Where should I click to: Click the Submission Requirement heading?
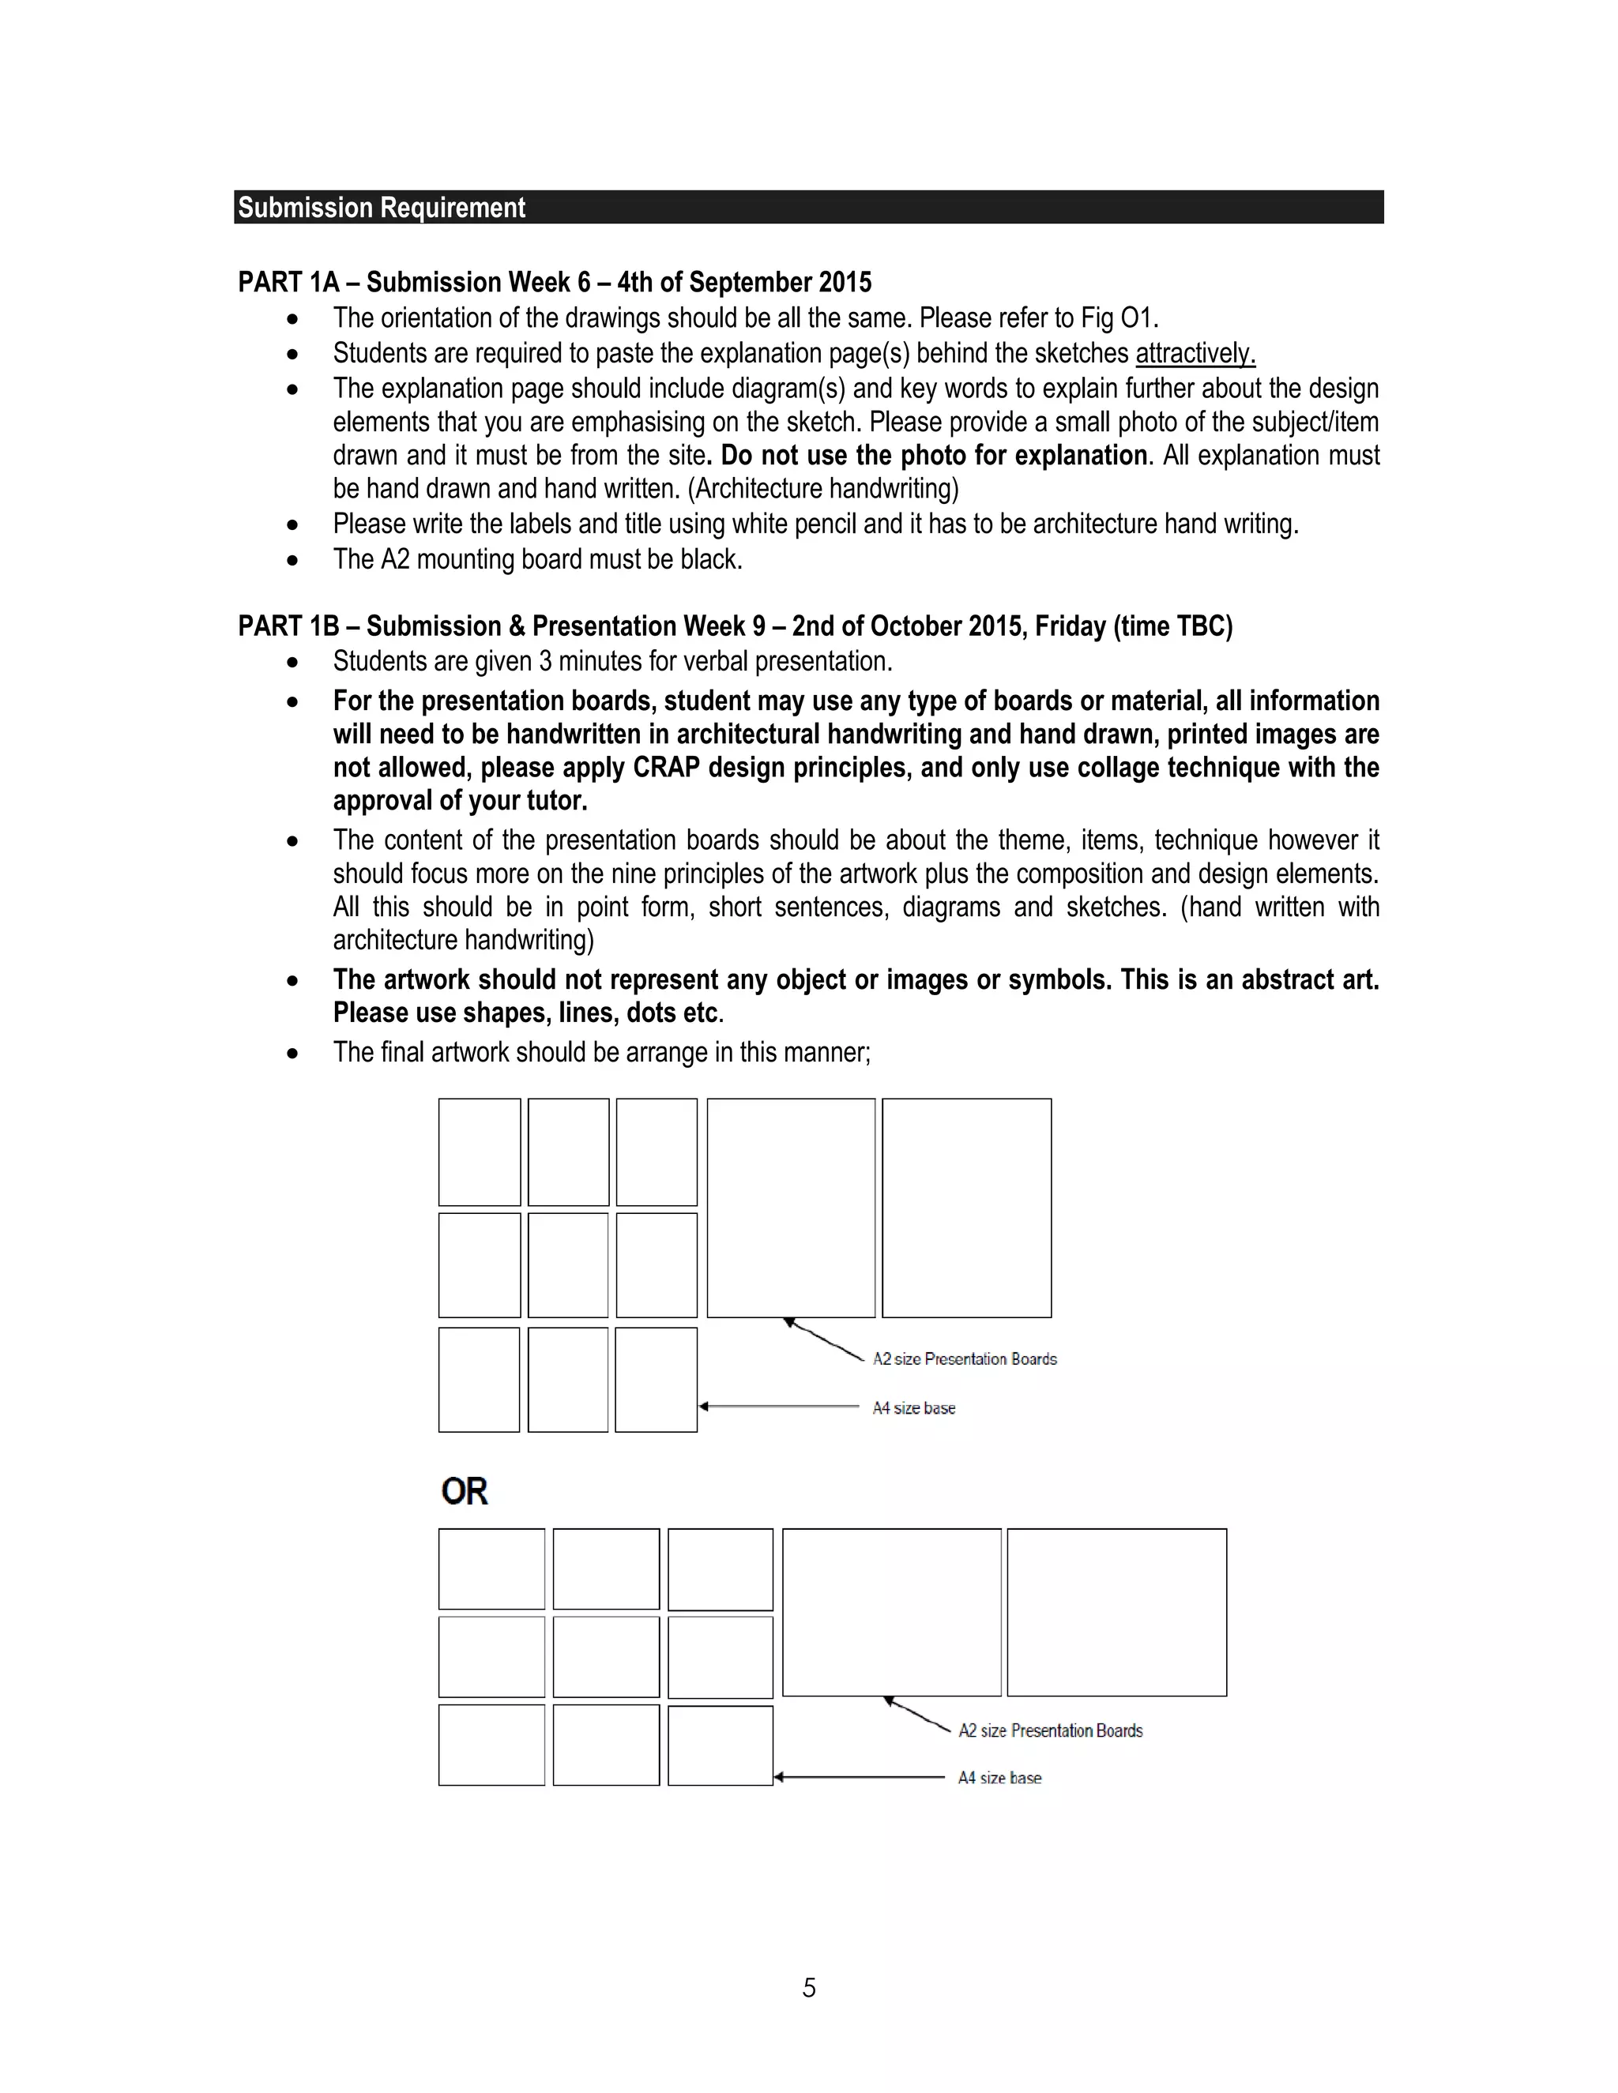382,208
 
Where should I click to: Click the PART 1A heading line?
554,283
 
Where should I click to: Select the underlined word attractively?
1195,354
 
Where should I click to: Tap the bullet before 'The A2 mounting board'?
292,560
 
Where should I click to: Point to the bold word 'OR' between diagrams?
464,1491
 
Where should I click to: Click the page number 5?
809,1989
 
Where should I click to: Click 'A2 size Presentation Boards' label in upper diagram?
965,1359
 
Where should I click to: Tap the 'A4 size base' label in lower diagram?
999,1778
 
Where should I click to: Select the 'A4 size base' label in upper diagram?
913,1407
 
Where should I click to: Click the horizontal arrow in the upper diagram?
778,1407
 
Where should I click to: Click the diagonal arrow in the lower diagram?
916,1715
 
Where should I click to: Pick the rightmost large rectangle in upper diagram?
966,1208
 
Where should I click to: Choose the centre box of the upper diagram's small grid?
567,1265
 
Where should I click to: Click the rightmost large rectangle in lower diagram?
1116,1612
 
